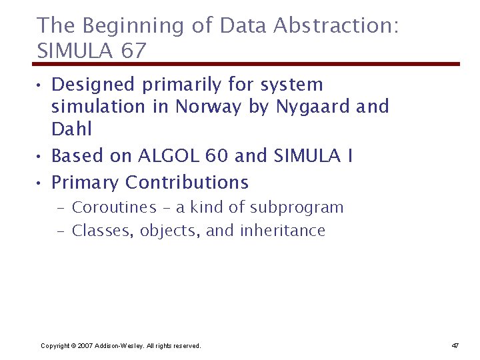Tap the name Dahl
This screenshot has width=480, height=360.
tap(71, 129)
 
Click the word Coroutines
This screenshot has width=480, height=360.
tap(114, 207)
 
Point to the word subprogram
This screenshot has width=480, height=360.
tap(297, 207)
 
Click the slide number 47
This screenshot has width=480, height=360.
tap(455, 345)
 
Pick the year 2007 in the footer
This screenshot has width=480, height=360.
tap(85, 345)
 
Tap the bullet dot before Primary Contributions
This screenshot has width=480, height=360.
tap(41, 183)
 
